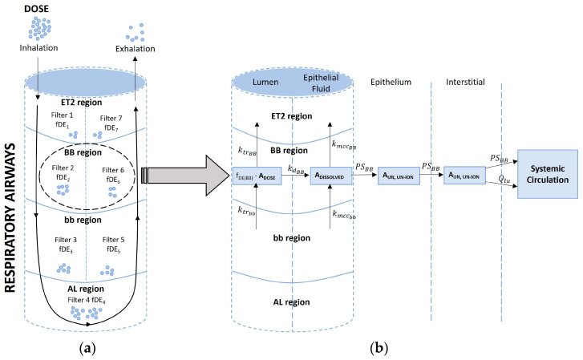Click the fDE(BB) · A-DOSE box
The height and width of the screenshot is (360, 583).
click(x=256, y=176)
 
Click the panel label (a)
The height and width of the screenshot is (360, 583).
click(x=90, y=350)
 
